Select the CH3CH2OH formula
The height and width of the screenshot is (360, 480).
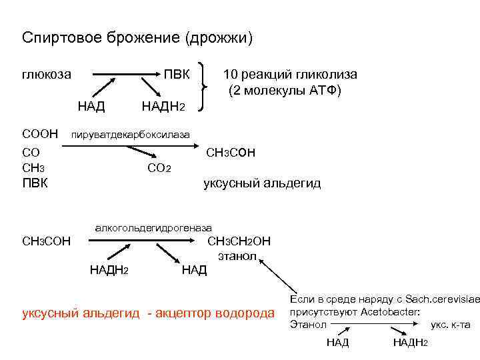(x=239, y=241)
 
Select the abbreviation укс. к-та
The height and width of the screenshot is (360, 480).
(x=451, y=325)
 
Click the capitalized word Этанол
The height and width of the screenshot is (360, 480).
(x=308, y=325)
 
